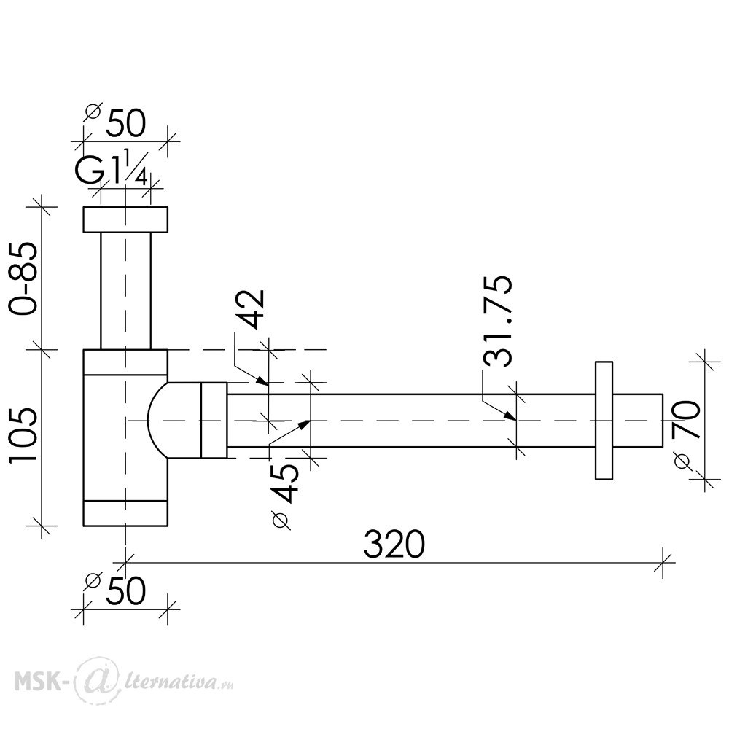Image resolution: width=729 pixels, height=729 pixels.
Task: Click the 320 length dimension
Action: pos(394,544)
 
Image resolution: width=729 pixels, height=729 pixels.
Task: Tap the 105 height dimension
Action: pos(23,434)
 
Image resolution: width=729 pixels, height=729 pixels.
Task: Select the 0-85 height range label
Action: pos(23,278)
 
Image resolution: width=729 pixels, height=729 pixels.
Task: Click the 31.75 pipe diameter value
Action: pos(497,321)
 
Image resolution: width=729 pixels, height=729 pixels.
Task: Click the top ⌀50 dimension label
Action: pos(116,121)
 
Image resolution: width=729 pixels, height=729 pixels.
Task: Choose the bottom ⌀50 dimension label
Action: pos(116,590)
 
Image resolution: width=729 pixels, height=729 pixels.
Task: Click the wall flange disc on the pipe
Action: pos(604,421)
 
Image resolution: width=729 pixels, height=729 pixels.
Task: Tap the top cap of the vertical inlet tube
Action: pos(125,219)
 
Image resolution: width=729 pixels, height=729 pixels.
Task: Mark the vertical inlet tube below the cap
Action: pos(125,291)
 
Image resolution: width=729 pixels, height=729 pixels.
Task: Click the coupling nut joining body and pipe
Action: pos(214,421)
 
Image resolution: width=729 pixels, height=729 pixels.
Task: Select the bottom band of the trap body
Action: pos(125,513)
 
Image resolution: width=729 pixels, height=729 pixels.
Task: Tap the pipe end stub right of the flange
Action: pos(638,421)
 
